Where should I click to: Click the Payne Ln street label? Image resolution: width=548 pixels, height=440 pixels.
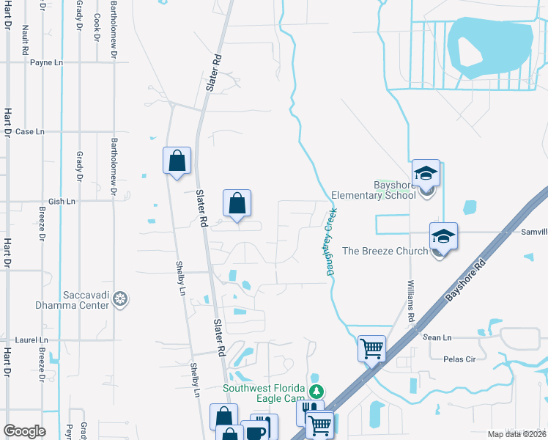click(x=46, y=63)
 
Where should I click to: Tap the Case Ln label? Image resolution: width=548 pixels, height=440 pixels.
click(x=30, y=132)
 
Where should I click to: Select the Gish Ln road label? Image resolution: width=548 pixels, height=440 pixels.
click(x=62, y=201)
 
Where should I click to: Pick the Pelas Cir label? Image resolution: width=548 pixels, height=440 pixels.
click(x=460, y=359)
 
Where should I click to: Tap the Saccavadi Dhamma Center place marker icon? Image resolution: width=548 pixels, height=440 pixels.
click(x=121, y=299)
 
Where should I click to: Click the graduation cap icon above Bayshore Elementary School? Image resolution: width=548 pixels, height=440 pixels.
click(x=426, y=174)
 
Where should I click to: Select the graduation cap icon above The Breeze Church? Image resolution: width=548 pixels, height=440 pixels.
click(x=443, y=237)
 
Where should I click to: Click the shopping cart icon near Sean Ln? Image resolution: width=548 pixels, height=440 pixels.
click(x=372, y=348)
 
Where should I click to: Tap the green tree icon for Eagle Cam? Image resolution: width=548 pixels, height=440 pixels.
click(x=316, y=389)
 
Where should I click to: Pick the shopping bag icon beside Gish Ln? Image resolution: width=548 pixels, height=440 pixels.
click(x=237, y=204)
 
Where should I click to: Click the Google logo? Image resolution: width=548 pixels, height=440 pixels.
click(x=24, y=431)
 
